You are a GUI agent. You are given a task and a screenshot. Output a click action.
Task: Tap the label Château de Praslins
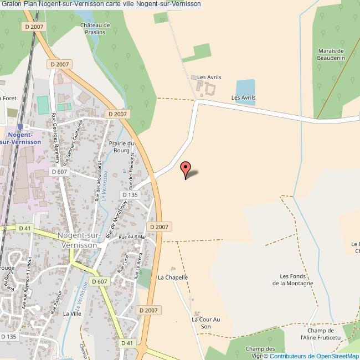point(95,29)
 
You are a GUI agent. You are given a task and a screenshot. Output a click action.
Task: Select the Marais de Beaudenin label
point(331,54)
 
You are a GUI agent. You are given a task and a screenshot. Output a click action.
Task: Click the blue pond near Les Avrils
point(245,89)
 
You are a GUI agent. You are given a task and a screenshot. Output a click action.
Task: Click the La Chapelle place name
point(173,277)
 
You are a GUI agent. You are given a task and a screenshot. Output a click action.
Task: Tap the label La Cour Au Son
point(205,323)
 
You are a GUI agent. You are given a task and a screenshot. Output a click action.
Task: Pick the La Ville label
point(72,313)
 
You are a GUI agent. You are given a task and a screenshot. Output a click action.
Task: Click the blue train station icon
point(20,126)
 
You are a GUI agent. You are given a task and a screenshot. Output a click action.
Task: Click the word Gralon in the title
point(11,4)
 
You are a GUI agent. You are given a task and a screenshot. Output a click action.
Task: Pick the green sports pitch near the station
point(43,103)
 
